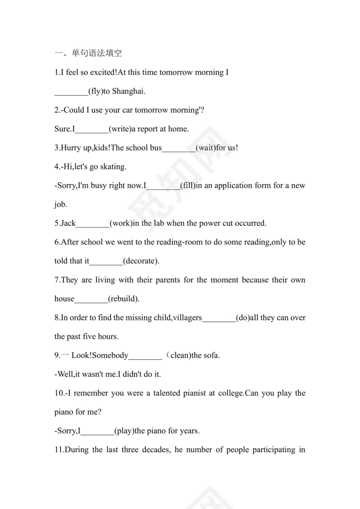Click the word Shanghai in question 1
tap(129, 91)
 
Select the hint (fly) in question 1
tap(95, 91)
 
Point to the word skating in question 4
tap(113, 167)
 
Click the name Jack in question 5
tap(68, 223)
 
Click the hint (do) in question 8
tap(242, 318)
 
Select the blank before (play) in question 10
tap(98, 431)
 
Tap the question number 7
tap(57, 280)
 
